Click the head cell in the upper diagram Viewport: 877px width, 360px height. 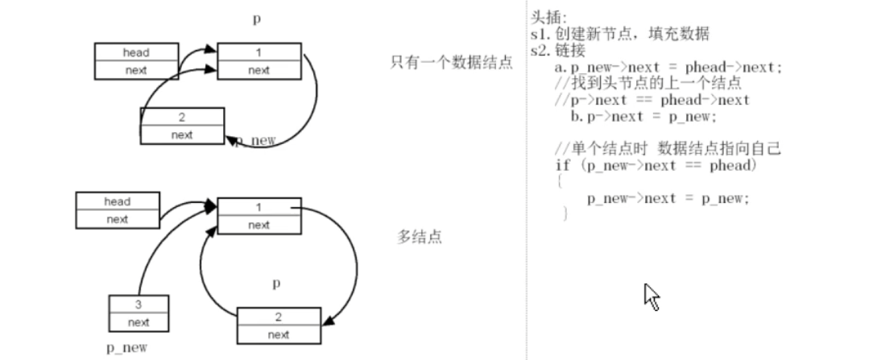pos(136,52)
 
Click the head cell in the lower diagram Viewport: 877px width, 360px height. pos(117,201)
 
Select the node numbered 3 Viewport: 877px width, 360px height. pos(139,305)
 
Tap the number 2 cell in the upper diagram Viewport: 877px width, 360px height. pos(182,118)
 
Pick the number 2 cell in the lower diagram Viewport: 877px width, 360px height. pos(278,317)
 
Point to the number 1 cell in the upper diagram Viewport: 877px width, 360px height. pos(259,52)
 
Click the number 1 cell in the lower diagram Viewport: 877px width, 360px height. pos(259,207)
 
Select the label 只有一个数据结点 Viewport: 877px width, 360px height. pos(451,62)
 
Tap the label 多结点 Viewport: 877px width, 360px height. pos(420,237)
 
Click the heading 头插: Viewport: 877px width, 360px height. pos(548,17)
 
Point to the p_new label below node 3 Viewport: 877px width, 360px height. pos(127,347)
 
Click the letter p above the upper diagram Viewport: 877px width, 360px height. pos(257,18)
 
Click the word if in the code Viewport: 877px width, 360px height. pos(561,165)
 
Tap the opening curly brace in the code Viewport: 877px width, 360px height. pos(558,182)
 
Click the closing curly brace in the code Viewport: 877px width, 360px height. pos(565,213)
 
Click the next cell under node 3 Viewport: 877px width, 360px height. pos(139,322)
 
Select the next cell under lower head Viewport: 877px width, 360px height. pos(117,218)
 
